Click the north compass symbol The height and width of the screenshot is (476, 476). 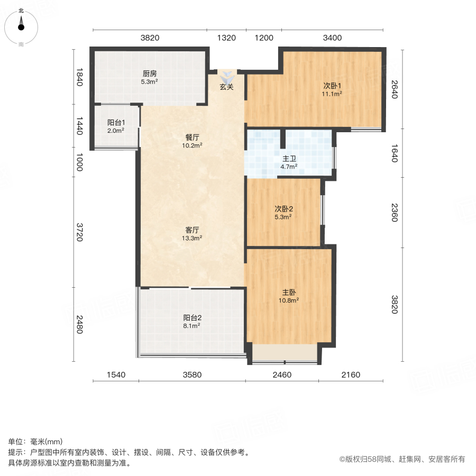(21, 26)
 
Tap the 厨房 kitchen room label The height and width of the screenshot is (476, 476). (149, 74)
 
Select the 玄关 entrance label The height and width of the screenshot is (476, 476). (227, 87)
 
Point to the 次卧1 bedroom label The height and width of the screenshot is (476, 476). (332, 86)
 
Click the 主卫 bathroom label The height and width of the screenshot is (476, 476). (289, 158)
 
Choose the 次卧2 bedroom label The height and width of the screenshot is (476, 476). (283, 208)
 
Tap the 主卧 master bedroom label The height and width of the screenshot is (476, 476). (289, 291)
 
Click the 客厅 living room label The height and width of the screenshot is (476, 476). (192, 230)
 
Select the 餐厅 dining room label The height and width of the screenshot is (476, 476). (192, 136)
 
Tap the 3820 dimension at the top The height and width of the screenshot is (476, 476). (150, 38)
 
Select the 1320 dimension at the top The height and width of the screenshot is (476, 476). (226, 38)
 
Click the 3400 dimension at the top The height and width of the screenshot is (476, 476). (332, 38)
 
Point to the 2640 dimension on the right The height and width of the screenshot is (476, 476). (393, 90)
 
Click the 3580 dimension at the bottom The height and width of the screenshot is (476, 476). (192, 375)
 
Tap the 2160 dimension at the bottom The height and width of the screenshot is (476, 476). (350, 375)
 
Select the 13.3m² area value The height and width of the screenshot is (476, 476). (192, 238)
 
